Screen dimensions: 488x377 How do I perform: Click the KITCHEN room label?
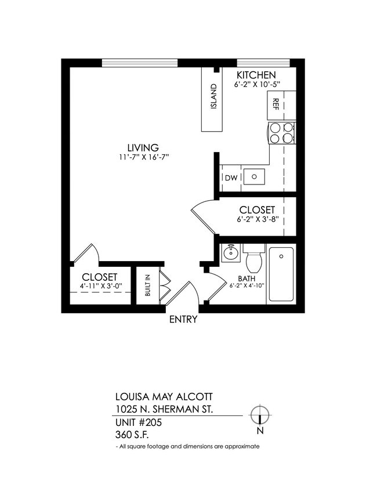click(x=256, y=75)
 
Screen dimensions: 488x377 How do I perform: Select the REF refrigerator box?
click(x=275, y=104)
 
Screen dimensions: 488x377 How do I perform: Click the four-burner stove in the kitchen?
click(x=281, y=133)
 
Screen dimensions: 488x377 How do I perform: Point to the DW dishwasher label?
click(x=230, y=178)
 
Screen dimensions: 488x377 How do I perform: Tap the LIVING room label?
click(x=143, y=147)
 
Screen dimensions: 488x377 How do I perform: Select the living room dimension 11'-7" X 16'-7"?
click(x=143, y=157)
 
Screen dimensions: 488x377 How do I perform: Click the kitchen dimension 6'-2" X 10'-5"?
click(x=257, y=85)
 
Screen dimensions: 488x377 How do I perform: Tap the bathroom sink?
click(x=231, y=252)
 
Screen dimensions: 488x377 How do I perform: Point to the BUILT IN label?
click(x=147, y=285)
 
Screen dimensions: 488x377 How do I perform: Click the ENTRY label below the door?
click(x=183, y=320)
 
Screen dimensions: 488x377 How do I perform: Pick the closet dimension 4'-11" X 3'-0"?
click(x=100, y=287)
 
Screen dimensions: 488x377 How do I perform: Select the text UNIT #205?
click(x=138, y=422)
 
